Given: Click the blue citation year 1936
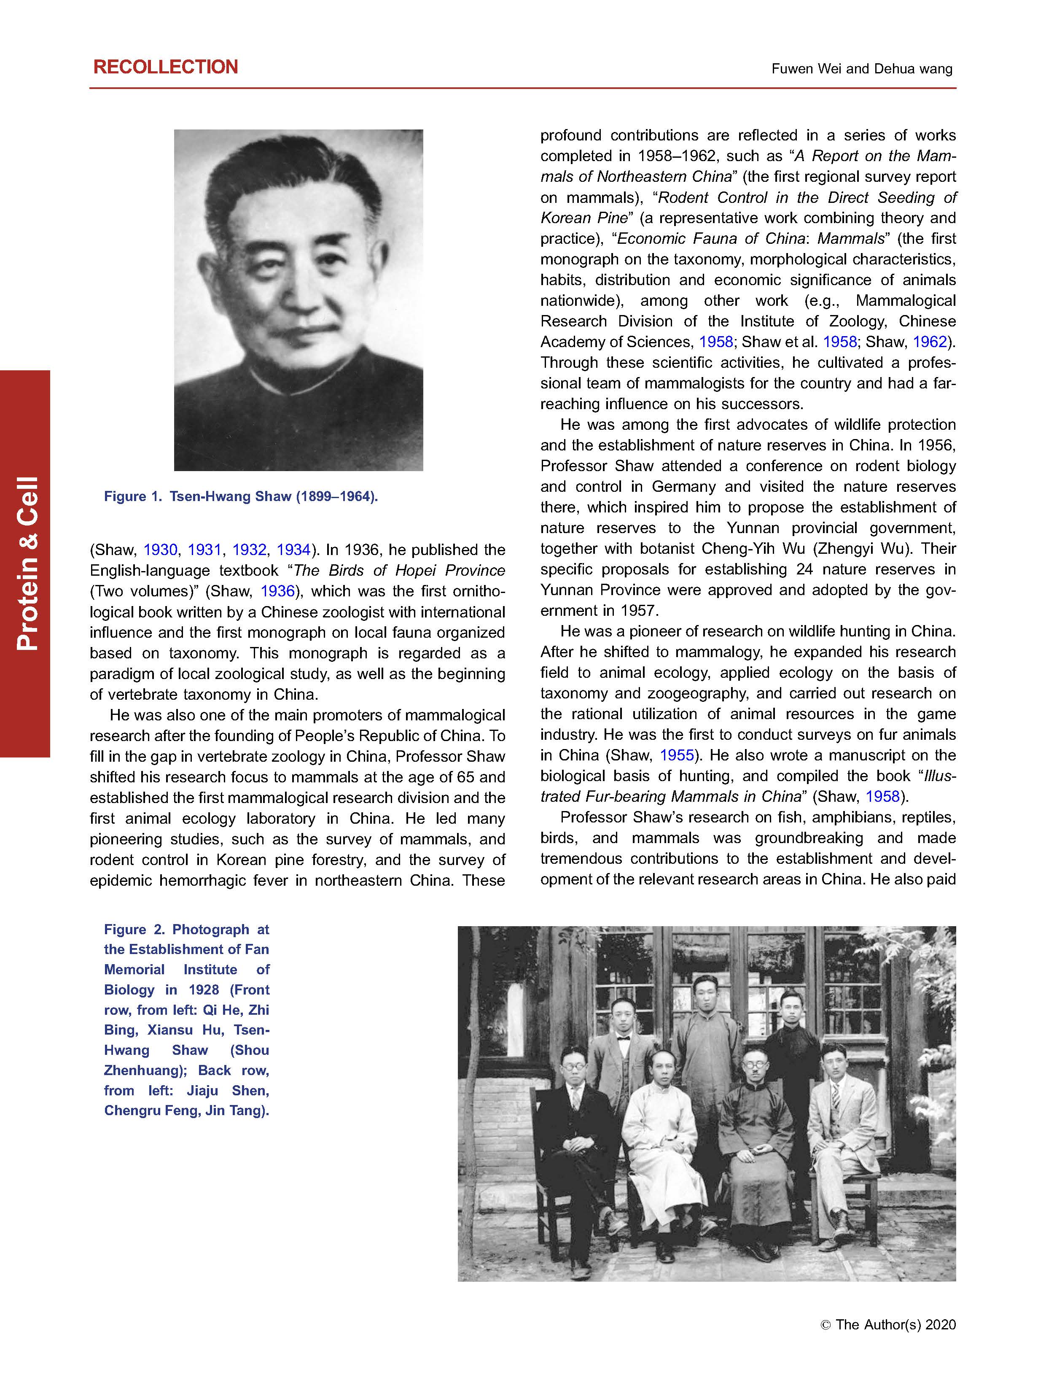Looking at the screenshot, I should [277, 591].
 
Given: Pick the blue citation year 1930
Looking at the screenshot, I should [160, 550].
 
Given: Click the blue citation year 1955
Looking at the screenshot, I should [676, 755].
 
